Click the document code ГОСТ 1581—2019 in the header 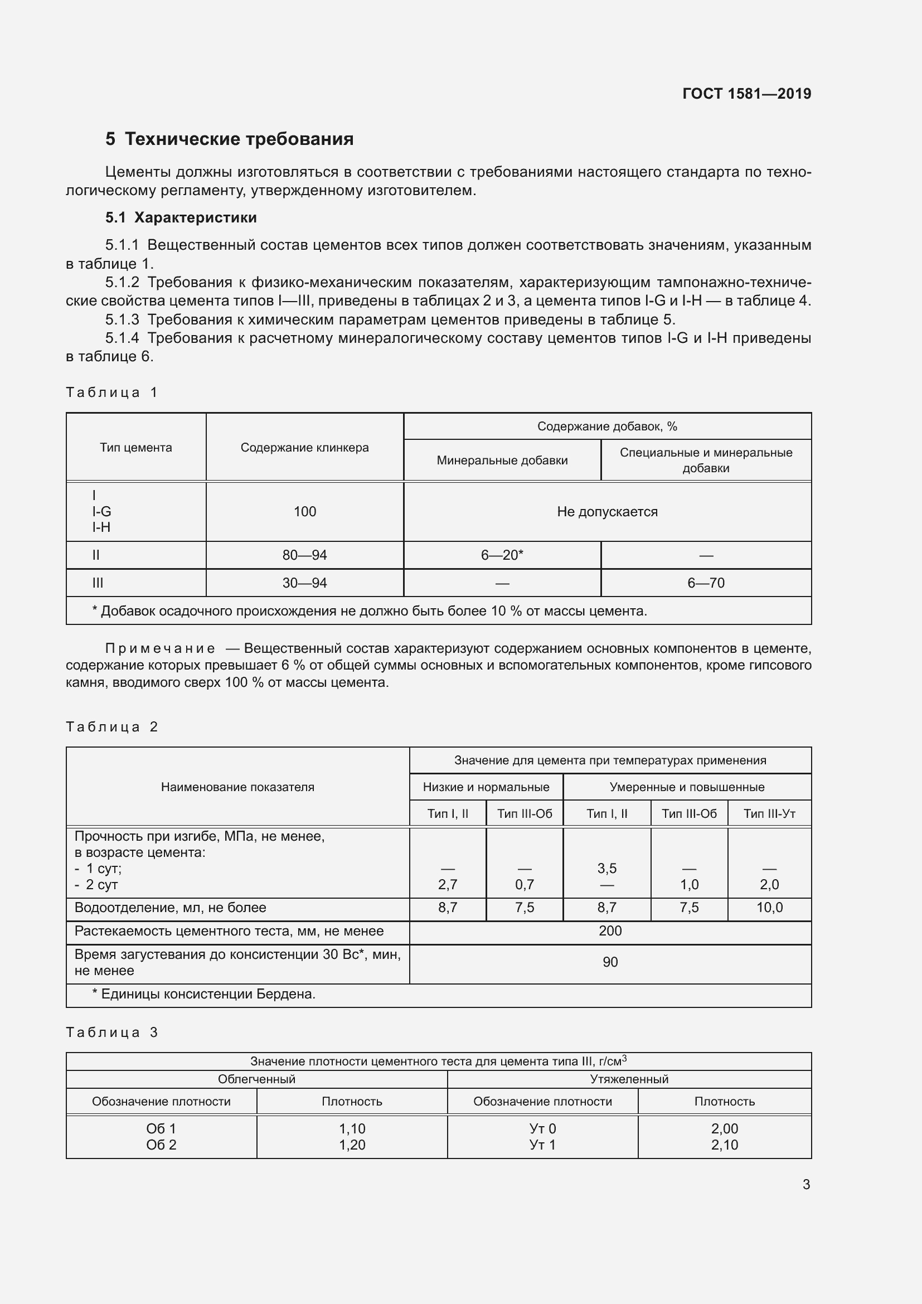746,94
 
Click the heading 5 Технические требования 229,139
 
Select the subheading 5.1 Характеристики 181,217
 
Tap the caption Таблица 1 112,392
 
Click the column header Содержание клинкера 304,448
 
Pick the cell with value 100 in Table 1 304,512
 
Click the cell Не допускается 607,512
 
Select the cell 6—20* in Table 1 502,555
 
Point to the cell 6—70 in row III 706,583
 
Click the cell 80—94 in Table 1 304,555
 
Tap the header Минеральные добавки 502,460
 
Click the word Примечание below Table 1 161,648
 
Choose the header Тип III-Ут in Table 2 769,814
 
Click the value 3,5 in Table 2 606,869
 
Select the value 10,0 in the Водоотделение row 769,908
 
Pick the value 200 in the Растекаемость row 610,931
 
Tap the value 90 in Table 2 610,962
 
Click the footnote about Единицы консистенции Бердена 203,994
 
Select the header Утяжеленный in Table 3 629,1079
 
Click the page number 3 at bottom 806,1185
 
